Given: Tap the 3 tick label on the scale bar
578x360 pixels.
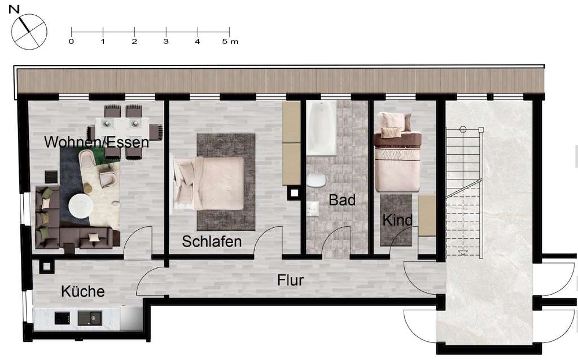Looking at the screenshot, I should tap(165, 42).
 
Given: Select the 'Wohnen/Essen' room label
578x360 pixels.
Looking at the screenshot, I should tap(97, 142).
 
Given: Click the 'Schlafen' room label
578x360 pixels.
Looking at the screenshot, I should tap(212, 242).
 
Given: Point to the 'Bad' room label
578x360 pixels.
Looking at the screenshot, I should tap(342, 200).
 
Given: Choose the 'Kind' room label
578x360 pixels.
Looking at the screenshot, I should tap(397, 220).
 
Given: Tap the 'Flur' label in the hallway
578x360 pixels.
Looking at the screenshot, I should tap(290, 280).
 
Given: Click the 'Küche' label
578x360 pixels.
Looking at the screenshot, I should tap(83, 292).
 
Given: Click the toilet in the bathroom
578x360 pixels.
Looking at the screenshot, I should tap(316, 181).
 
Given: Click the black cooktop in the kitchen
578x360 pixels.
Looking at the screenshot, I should tap(62, 318).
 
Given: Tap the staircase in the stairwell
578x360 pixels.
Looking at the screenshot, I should tap(463, 192).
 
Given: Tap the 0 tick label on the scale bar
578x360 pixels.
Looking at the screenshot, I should tap(71, 42).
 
